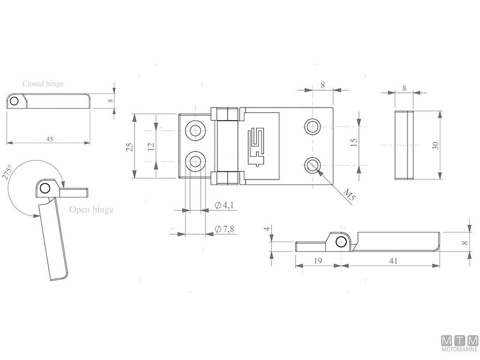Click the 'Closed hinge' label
click(x=43, y=84)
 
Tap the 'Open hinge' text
click(x=91, y=209)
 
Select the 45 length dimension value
click(x=49, y=139)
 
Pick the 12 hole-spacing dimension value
click(x=151, y=145)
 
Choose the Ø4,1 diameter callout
click(x=224, y=206)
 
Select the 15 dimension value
click(x=353, y=144)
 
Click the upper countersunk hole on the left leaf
click(x=196, y=130)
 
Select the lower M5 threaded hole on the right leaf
click(x=312, y=164)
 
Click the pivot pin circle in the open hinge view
click(x=46, y=188)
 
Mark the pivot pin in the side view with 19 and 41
click(x=341, y=241)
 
